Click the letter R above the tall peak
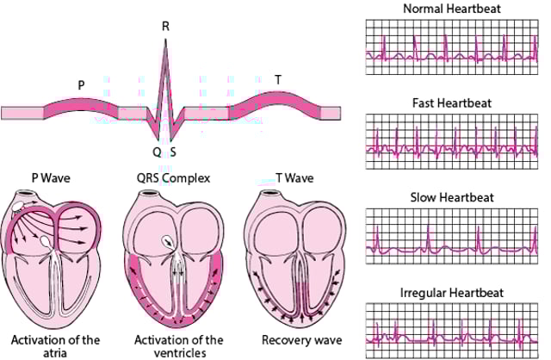coord(165,27)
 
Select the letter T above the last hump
coord(277,79)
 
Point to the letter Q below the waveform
coord(157,152)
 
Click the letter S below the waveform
coord(173,152)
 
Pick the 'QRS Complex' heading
coord(165,179)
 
